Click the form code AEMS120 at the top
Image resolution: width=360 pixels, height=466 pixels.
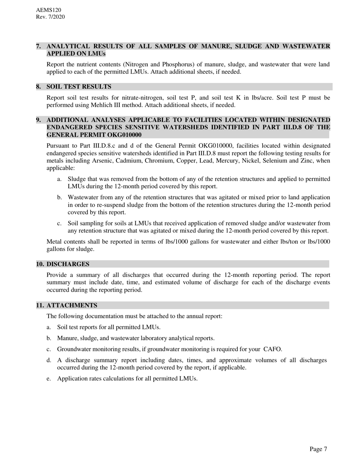pyautogui.click(x=49, y=10)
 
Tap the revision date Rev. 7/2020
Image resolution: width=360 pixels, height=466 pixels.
pyautogui.click(x=50, y=17)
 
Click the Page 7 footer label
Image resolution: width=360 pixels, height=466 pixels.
pyautogui.click(x=318, y=449)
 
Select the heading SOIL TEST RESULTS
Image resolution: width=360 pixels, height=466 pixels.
pyautogui.click(x=79, y=87)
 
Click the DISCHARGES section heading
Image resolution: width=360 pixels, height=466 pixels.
pyautogui.click(x=68, y=264)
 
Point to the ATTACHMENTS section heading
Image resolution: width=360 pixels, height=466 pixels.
pyautogui.click(x=72, y=305)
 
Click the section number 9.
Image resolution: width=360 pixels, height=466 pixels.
pyautogui.click(x=39, y=120)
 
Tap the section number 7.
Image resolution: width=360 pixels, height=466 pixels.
pyautogui.click(x=39, y=46)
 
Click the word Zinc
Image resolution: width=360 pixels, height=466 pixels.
pyautogui.click(x=306, y=161)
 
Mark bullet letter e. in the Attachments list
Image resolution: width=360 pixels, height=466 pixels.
pyautogui.click(x=49, y=378)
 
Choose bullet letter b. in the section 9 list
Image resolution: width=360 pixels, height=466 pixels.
pyautogui.click(x=59, y=197)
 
